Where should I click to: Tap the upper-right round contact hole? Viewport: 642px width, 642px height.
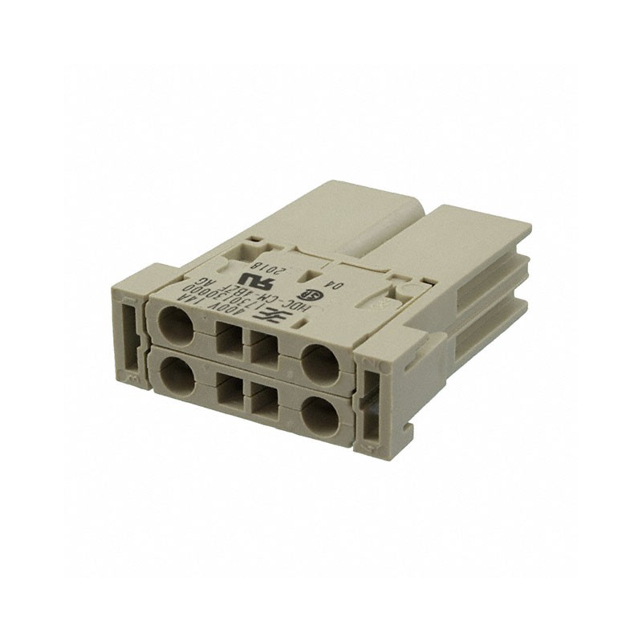click(x=319, y=362)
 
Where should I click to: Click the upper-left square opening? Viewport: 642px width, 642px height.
click(x=229, y=341)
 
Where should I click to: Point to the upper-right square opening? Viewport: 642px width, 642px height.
click(x=265, y=351)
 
